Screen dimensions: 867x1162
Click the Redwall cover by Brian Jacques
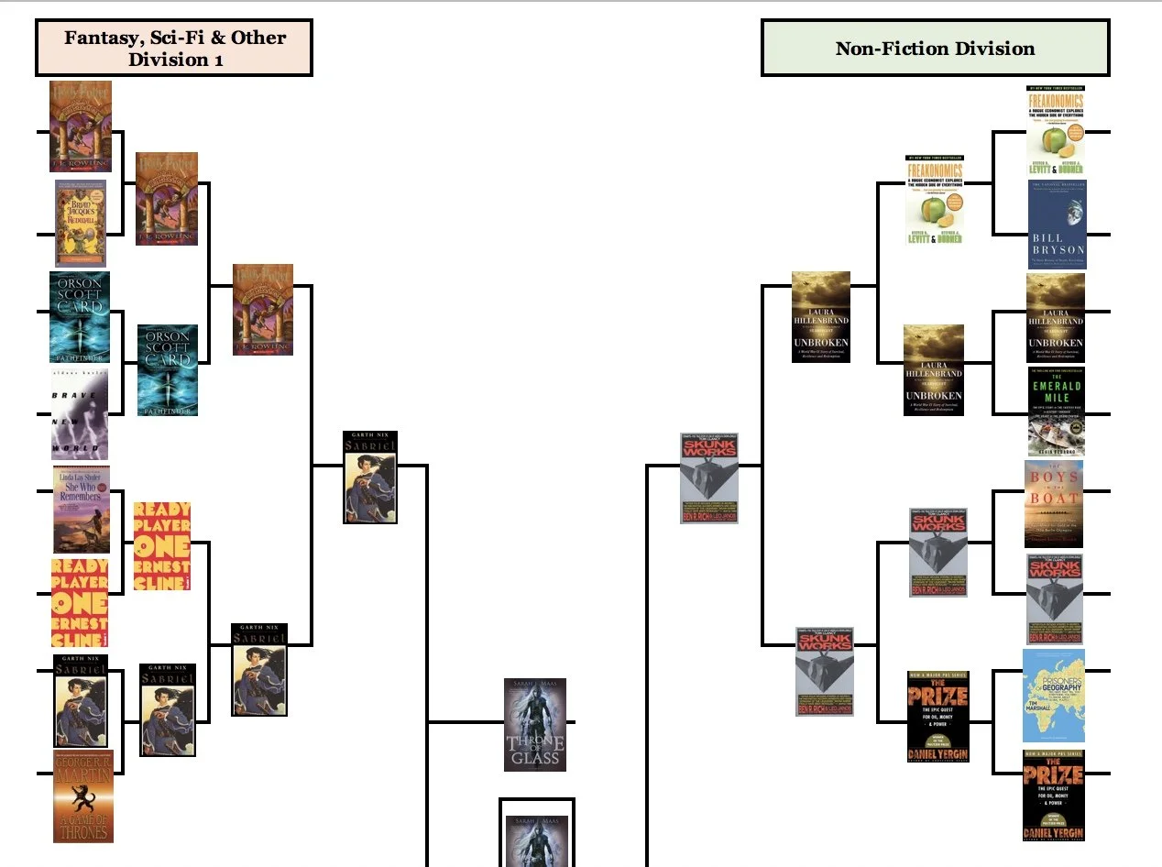coord(81,223)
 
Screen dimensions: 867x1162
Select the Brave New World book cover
coord(80,413)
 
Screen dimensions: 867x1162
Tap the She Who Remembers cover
coord(82,510)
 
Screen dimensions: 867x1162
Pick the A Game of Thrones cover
coord(82,796)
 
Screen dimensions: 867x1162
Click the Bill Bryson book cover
coord(1057,224)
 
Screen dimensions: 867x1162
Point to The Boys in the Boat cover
coord(1053,504)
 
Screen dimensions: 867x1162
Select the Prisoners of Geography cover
coord(1054,696)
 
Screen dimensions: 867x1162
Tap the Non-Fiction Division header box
coord(935,49)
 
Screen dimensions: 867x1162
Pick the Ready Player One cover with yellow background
coord(162,545)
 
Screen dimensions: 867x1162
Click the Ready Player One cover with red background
coord(80,602)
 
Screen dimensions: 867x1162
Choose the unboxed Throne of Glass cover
coord(535,725)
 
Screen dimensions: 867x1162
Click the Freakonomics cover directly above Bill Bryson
coord(1056,131)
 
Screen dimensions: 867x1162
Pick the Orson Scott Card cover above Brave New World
coord(80,316)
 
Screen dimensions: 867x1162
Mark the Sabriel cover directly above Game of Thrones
coord(81,700)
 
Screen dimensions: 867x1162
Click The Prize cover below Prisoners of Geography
coord(1054,795)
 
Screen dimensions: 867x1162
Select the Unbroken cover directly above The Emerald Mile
coord(1056,317)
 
